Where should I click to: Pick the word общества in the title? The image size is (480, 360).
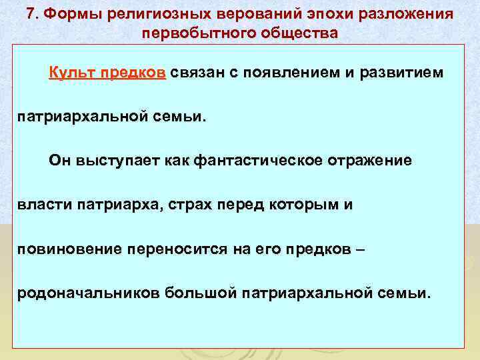click(293, 33)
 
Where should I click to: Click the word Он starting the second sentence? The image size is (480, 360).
click(59, 161)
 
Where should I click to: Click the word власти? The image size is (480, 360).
click(41, 205)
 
